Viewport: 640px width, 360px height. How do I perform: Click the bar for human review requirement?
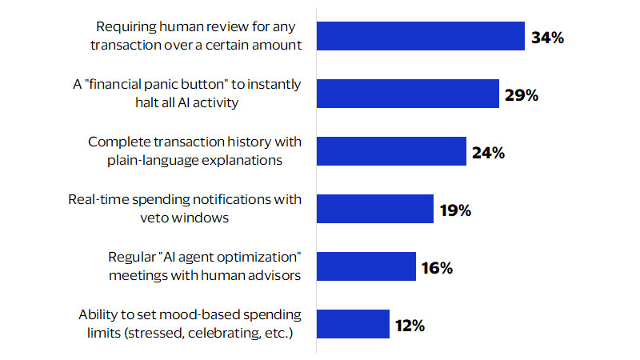coord(421,36)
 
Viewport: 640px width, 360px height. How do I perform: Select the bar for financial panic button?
coord(408,94)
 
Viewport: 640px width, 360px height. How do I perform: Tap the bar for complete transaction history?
coord(392,151)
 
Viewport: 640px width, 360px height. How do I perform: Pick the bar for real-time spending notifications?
coord(375,208)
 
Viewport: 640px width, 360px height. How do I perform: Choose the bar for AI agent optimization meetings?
coord(366,266)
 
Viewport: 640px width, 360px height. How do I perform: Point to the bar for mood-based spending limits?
coord(353,324)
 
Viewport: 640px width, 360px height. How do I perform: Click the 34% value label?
coord(548,38)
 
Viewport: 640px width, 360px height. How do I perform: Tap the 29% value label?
coord(522,95)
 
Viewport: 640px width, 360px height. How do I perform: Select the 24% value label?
coord(488,153)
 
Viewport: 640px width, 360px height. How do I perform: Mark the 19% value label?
coord(455,210)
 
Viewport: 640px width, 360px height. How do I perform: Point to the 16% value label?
coord(437,268)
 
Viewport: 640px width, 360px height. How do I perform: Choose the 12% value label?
coord(409,326)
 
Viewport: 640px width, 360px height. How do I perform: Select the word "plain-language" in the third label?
coord(162,160)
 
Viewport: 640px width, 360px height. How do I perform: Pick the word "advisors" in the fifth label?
coord(274,275)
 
